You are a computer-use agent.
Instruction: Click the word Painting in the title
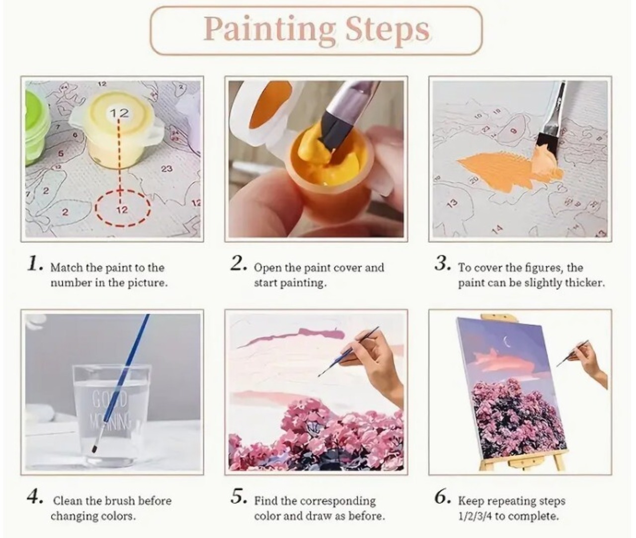[269, 30]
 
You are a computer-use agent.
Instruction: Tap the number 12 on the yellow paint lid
[119, 113]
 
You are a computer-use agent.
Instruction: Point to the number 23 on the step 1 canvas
[166, 169]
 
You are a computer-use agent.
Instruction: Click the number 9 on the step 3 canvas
[513, 131]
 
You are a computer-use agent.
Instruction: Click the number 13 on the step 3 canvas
[452, 203]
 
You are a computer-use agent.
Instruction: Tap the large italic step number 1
[34, 265]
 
